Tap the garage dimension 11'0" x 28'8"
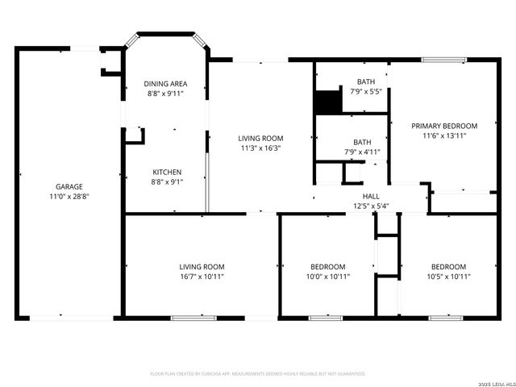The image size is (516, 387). click(69, 196)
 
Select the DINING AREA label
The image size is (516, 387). click(166, 83)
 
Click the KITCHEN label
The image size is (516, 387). click(167, 172)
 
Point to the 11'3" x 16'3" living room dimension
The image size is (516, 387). click(261, 148)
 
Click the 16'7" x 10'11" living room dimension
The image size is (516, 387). click(202, 277)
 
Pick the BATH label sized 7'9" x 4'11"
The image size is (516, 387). click(363, 142)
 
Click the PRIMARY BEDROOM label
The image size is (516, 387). click(444, 126)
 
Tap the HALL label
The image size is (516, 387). click(371, 196)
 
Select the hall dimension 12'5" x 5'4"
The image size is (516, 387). click(371, 206)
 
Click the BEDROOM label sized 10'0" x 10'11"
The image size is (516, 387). click(328, 267)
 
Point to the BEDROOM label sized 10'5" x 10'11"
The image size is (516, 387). click(447, 267)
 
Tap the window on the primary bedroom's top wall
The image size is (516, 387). click(443, 59)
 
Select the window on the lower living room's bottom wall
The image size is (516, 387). click(193, 318)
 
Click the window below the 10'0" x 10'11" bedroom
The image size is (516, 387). click(326, 318)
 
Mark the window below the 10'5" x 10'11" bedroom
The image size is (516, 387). click(445, 318)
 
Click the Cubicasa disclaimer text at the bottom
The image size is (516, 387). click(258, 374)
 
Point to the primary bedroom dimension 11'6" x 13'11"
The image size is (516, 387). click(444, 135)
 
